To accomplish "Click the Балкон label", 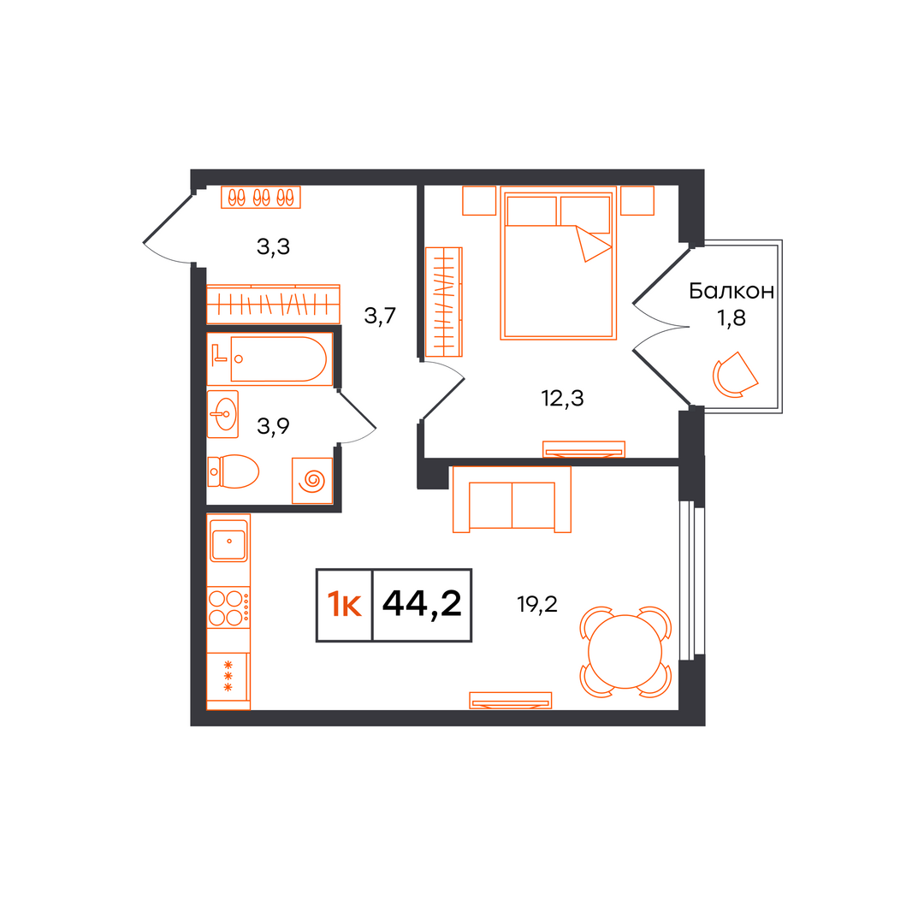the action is click(731, 291).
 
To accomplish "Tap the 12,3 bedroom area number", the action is click(562, 399).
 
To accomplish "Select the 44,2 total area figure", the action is click(422, 604).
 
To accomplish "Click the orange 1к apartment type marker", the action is click(344, 605).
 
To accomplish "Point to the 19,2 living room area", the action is click(536, 604).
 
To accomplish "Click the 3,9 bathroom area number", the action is click(273, 425).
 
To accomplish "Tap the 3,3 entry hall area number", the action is click(273, 246).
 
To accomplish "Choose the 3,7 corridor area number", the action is click(380, 316).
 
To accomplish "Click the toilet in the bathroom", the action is click(234, 471).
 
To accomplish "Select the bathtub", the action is click(270, 358).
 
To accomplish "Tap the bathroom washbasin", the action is click(222, 414).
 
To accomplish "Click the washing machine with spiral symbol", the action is click(312, 481).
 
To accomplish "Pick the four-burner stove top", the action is click(228, 607).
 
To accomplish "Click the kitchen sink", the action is click(228, 541).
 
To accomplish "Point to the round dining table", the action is click(625, 652).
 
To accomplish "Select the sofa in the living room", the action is click(512, 500).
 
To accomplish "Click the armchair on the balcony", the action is click(735, 376).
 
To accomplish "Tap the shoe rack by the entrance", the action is click(260, 198).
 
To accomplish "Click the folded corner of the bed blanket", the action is click(592, 243).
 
